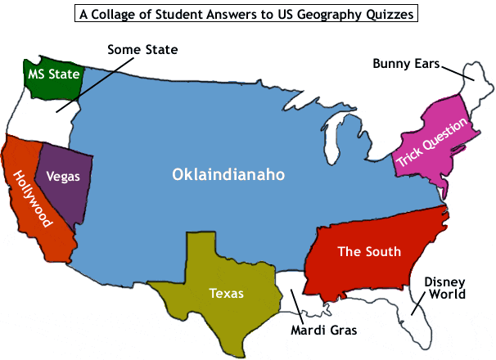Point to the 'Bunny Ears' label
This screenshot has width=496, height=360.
pos(407,62)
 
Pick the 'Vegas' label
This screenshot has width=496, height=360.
pos(63,176)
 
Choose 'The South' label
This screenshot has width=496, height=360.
pos(369,251)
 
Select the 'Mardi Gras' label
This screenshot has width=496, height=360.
pos(319,331)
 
